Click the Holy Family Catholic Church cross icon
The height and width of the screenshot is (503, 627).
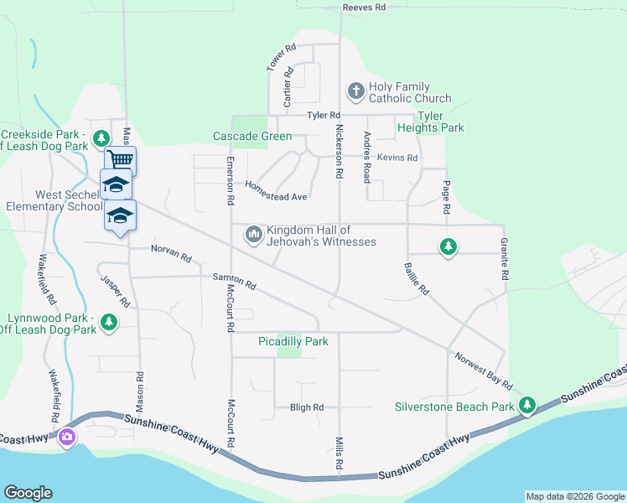tap(355, 91)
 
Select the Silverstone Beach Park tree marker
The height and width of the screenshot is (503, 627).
tap(526, 407)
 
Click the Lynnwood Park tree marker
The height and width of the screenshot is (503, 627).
tap(108, 321)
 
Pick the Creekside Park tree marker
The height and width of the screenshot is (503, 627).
tap(101, 137)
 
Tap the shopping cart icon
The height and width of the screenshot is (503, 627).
tap(121, 159)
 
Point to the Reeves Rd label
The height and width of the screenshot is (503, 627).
tap(364, 8)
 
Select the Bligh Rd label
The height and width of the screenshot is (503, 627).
tap(306, 408)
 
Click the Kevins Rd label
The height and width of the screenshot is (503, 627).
tap(396, 158)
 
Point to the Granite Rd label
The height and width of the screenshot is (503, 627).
tap(505, 257)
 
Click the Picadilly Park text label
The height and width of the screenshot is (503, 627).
tap(293, 341)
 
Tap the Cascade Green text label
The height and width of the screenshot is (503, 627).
tap(252, 136)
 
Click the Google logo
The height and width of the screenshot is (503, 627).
tap(28, 493)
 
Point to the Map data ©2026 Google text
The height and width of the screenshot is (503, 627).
tap(574, 496)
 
